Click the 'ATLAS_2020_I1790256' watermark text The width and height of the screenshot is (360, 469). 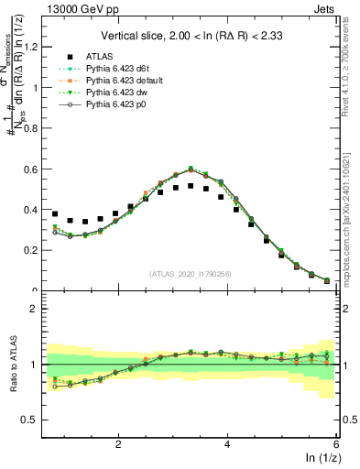(x=191, y=273)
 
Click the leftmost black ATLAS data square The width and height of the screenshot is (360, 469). (x=55, y=214)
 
